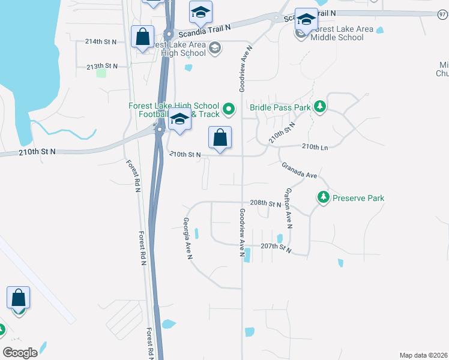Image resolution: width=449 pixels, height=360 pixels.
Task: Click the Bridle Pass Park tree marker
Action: pos(321,106)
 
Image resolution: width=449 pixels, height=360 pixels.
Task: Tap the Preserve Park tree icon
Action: pos(324,197)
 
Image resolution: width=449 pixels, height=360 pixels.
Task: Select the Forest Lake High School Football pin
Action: pos(228,109)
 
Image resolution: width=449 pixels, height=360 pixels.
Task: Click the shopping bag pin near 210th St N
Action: pos(220,138)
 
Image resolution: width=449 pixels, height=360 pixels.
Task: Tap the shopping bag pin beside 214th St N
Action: pos(143,38)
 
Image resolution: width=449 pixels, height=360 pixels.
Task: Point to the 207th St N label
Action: pos(276,247)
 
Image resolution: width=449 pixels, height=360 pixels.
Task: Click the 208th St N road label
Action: pos(266,204)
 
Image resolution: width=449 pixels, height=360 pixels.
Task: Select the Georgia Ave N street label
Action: pos(187,238)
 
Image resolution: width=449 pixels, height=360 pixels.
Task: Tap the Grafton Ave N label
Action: pos(289,209)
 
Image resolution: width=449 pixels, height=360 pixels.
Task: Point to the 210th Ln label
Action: pos(315,147)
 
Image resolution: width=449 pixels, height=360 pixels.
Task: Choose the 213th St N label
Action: pos(102,66)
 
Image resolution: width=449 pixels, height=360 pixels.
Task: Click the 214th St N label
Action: pos(101,42)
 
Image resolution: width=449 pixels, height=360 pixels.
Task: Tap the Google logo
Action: pos(20,353)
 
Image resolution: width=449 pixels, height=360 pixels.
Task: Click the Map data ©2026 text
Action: pos(424,355)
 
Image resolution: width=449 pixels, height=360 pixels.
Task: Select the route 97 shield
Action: pos(442,14)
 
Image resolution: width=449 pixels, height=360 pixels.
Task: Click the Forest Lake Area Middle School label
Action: pos(337,33)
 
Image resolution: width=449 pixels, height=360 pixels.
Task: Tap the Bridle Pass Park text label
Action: pos(280,108)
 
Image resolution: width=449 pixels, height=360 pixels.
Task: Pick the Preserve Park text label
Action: pos(358,198)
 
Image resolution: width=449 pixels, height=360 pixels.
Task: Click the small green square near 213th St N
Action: pos(101,73)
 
